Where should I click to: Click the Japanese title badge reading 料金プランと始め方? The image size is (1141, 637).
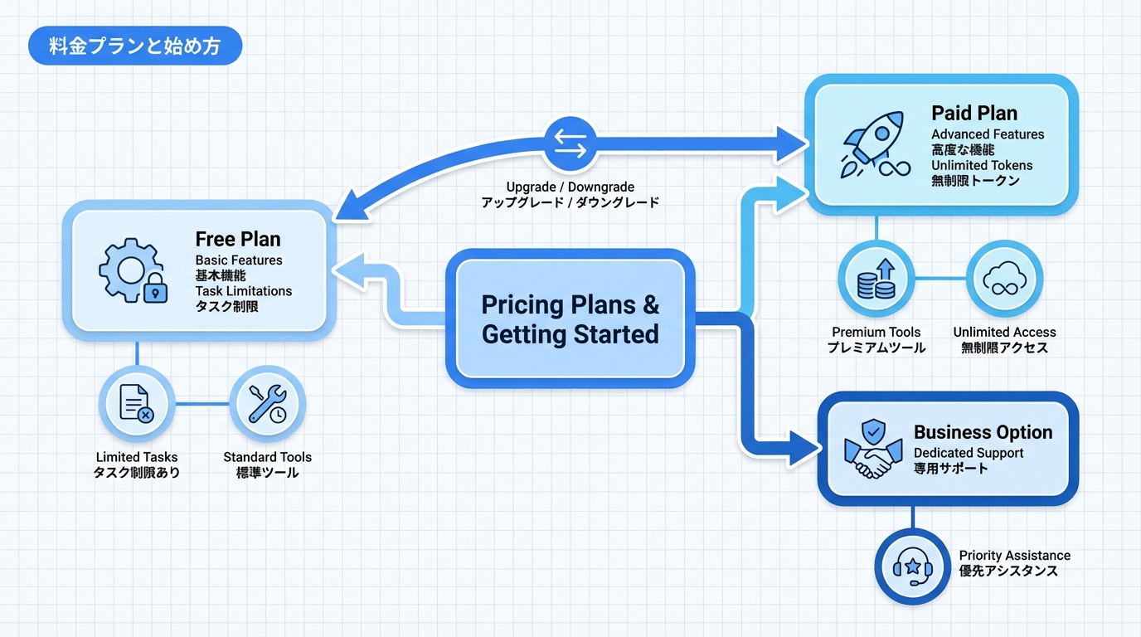coord(134,46)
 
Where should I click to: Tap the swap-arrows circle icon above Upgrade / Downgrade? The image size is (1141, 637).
coord(570,144)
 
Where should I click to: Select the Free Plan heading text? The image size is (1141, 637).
coord(238,239)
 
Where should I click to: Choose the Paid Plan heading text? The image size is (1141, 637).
coord(973,114)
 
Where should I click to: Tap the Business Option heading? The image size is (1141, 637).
coord(983,432)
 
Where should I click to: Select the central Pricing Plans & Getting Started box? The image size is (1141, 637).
coord(570,318)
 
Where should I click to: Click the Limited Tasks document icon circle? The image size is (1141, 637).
coord(137,405)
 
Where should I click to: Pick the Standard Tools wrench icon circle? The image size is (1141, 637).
coord(267,405)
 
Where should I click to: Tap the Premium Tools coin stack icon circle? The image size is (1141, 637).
coord(876,279)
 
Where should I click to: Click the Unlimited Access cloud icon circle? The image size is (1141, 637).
coord(1004,279)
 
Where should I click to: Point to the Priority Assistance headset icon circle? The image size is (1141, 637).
coord(912,567)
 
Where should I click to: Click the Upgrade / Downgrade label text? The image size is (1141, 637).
coord(570,187)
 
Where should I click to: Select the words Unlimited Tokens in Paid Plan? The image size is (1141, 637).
coord(981,165)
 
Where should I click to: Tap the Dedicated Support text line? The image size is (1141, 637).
coord(969,453)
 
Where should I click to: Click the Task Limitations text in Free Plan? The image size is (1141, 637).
coord(244,291)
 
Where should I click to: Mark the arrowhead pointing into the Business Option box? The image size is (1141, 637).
coord(802,448)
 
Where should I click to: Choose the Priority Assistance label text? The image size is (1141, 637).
coord(1014,556)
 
